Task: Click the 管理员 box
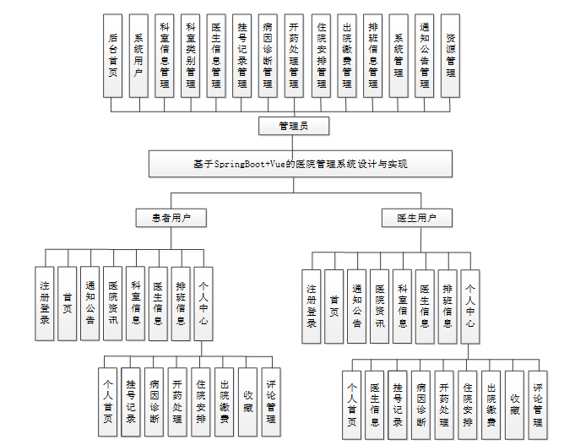click(293, 126)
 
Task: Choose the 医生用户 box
click(416, 218)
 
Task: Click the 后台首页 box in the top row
click(113, 57)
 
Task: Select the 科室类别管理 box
click(191, 57)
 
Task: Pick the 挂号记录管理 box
click(242, 57)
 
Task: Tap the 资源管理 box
click(451, 57)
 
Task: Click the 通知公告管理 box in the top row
click(425, 57)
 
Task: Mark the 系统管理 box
click(399, 57)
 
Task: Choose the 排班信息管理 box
click(372, 57)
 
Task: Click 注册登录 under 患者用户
click(46, 303)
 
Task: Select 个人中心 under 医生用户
click(470, 306)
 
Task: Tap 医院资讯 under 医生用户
click(380, 306)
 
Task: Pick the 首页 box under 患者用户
click(68, 303)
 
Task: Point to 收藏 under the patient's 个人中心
click(247, 401)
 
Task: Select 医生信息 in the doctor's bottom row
click(376, 405)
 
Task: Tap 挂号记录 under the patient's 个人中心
click(131, 401)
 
